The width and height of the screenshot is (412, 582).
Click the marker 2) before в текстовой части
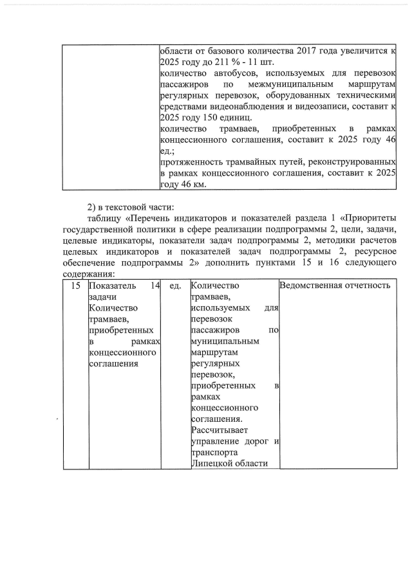click(92, 207)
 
